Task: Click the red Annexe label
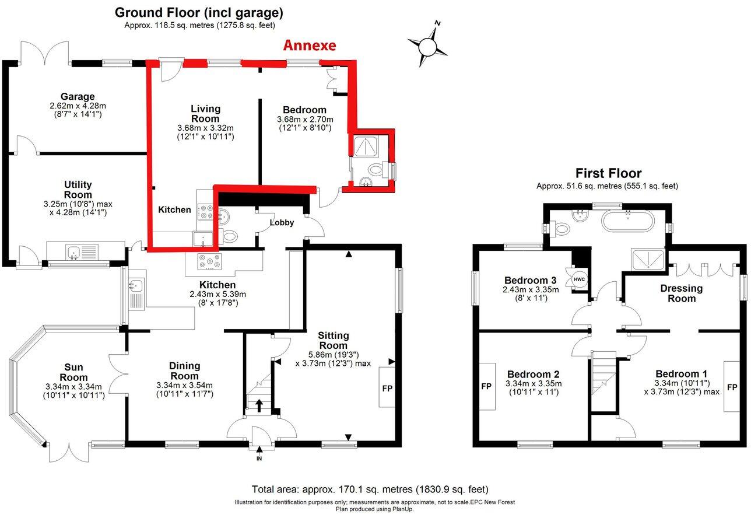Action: (x=309, y=46)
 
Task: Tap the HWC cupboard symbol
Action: (x=579, y=279)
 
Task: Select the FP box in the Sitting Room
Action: (x=387, y=387)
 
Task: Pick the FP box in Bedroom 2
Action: (x=487, y=386)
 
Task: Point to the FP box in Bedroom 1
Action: (x=732, y=386)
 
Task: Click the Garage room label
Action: (x=78, y=97)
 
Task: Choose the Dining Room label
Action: (x=184, y=366)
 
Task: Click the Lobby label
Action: (x=282, y=223)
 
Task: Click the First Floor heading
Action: (x=608, y=173)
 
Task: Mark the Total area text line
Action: (x=370, y=489)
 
